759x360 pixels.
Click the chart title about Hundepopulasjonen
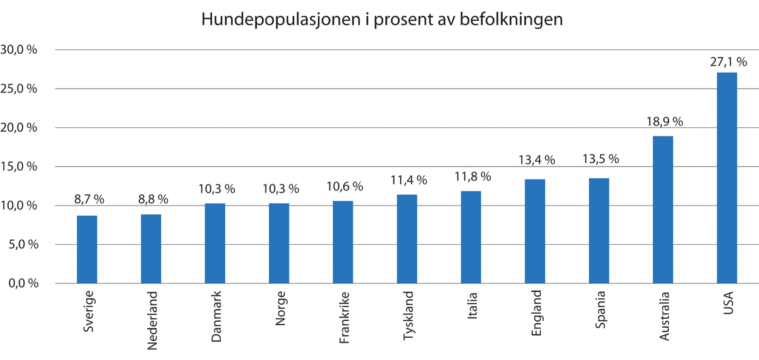pos(381,20)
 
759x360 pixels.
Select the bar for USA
pos(727,177)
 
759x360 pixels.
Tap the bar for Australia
pos(663,209)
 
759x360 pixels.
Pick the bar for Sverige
pos(87,249)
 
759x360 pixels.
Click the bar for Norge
pos(279,243)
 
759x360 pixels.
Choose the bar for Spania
pos(599,230)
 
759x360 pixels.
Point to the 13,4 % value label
pos(535,161)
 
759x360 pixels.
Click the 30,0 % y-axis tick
pos(20,50)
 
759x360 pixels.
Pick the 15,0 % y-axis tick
pos(20,167)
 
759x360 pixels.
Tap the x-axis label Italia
pos(471,306)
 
